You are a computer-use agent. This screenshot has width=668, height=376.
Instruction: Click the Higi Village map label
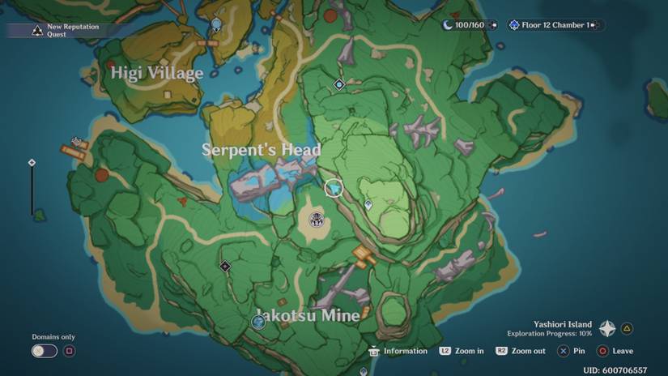[157, 74]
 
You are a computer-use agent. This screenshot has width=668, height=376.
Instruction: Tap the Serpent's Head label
[262, 150]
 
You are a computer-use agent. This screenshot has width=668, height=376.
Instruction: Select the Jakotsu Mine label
[308, 315]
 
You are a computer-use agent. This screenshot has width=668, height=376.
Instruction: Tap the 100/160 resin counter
[468, 25]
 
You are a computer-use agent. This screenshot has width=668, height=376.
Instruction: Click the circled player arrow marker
[334, 188]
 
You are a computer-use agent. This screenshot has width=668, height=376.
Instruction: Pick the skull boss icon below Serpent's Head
[317, 218]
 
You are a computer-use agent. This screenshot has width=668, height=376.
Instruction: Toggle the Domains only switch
[45, 351]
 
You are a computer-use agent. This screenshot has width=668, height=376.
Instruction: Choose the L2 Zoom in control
[462, 351]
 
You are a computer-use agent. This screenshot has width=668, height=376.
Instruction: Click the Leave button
[615, 351]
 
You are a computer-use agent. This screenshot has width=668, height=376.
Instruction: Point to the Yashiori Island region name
[563, 324]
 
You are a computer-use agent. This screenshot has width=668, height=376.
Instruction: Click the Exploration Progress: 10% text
[550, 333]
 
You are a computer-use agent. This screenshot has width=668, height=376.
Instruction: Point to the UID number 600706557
[615, 370]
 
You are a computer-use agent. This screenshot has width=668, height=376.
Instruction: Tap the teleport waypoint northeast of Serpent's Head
[339, 84]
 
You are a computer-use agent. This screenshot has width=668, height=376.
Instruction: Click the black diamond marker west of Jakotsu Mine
[225, 266]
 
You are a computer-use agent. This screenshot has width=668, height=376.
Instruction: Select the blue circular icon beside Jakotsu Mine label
[258, 323]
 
